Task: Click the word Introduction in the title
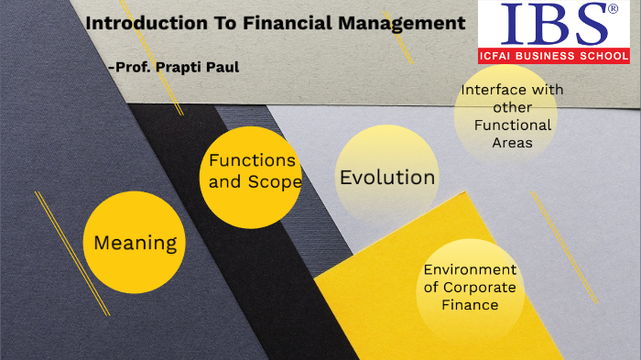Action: tap(142, 24)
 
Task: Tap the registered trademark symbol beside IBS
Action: tap(613, 9)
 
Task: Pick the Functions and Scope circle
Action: tap(251, 178)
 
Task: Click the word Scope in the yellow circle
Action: tap(275, 181)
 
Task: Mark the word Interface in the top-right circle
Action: tap(491, 90)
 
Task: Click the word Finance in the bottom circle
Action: tap(470, 304)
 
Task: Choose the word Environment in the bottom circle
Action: tap(470, 269)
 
